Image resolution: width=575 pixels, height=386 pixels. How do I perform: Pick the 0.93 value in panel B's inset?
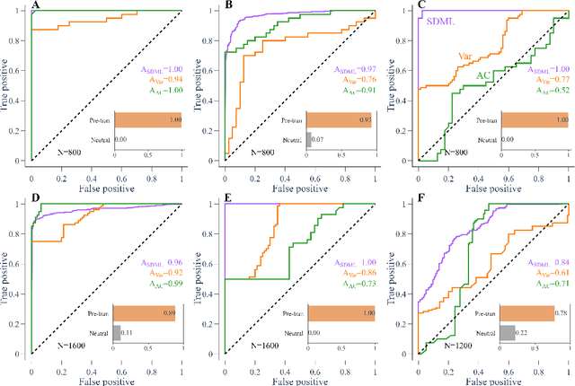tap(365, 120)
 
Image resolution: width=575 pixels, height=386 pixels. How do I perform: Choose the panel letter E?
tap(228, 199)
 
